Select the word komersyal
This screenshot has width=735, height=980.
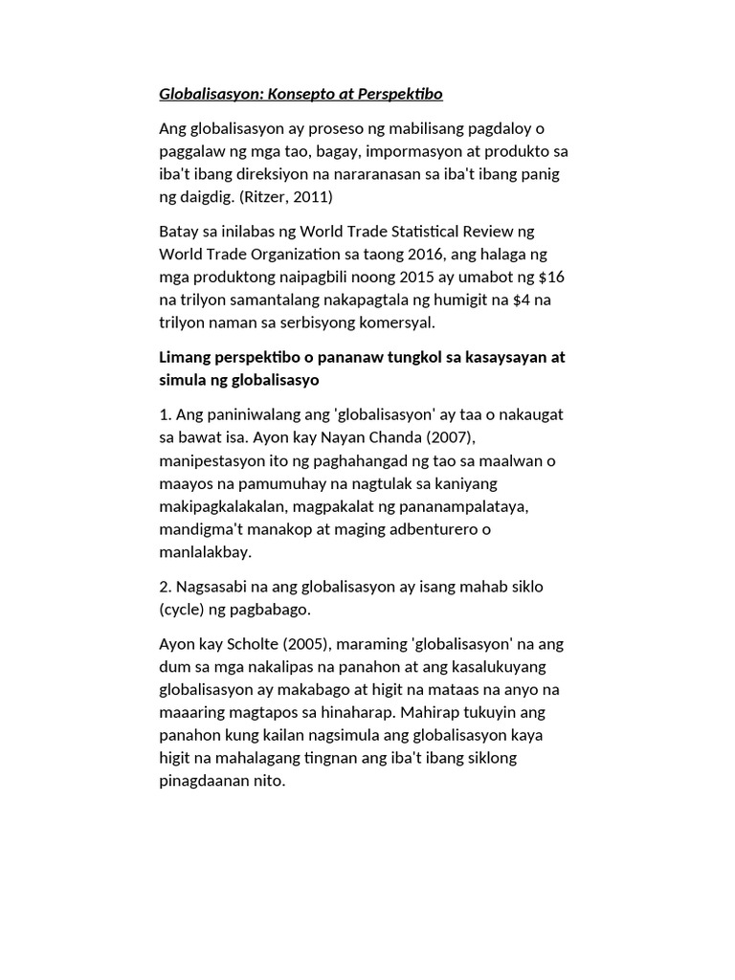393,323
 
